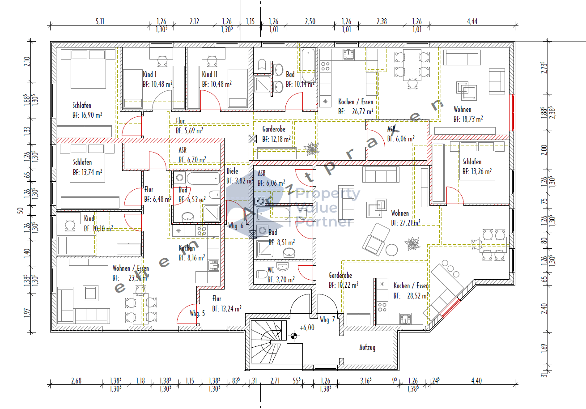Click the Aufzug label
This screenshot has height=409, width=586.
(x=367, y=347)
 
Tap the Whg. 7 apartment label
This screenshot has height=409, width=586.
(x=327, y=320)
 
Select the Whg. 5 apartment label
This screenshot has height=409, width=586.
(x=197, y=313)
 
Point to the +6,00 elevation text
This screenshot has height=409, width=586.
(x=307, y=328)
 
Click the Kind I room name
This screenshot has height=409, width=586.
(x=149, y=74)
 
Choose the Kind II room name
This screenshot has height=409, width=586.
(x=209, y=74)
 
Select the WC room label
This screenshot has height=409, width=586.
(x=271, y=270)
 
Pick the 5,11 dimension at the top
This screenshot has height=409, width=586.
(x=100, y=21)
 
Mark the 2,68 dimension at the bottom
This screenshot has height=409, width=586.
(x=76, y=381)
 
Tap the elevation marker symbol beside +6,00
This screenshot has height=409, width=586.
(x=293, y=337)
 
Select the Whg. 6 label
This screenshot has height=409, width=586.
(x=236, y=226)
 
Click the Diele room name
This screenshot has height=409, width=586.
(x=232, y=171)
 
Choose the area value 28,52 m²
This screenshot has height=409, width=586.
(x=411, y=296)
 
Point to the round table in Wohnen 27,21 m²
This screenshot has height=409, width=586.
(x=392, y=249)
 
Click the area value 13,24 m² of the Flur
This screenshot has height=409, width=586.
(x=227, y=308)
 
